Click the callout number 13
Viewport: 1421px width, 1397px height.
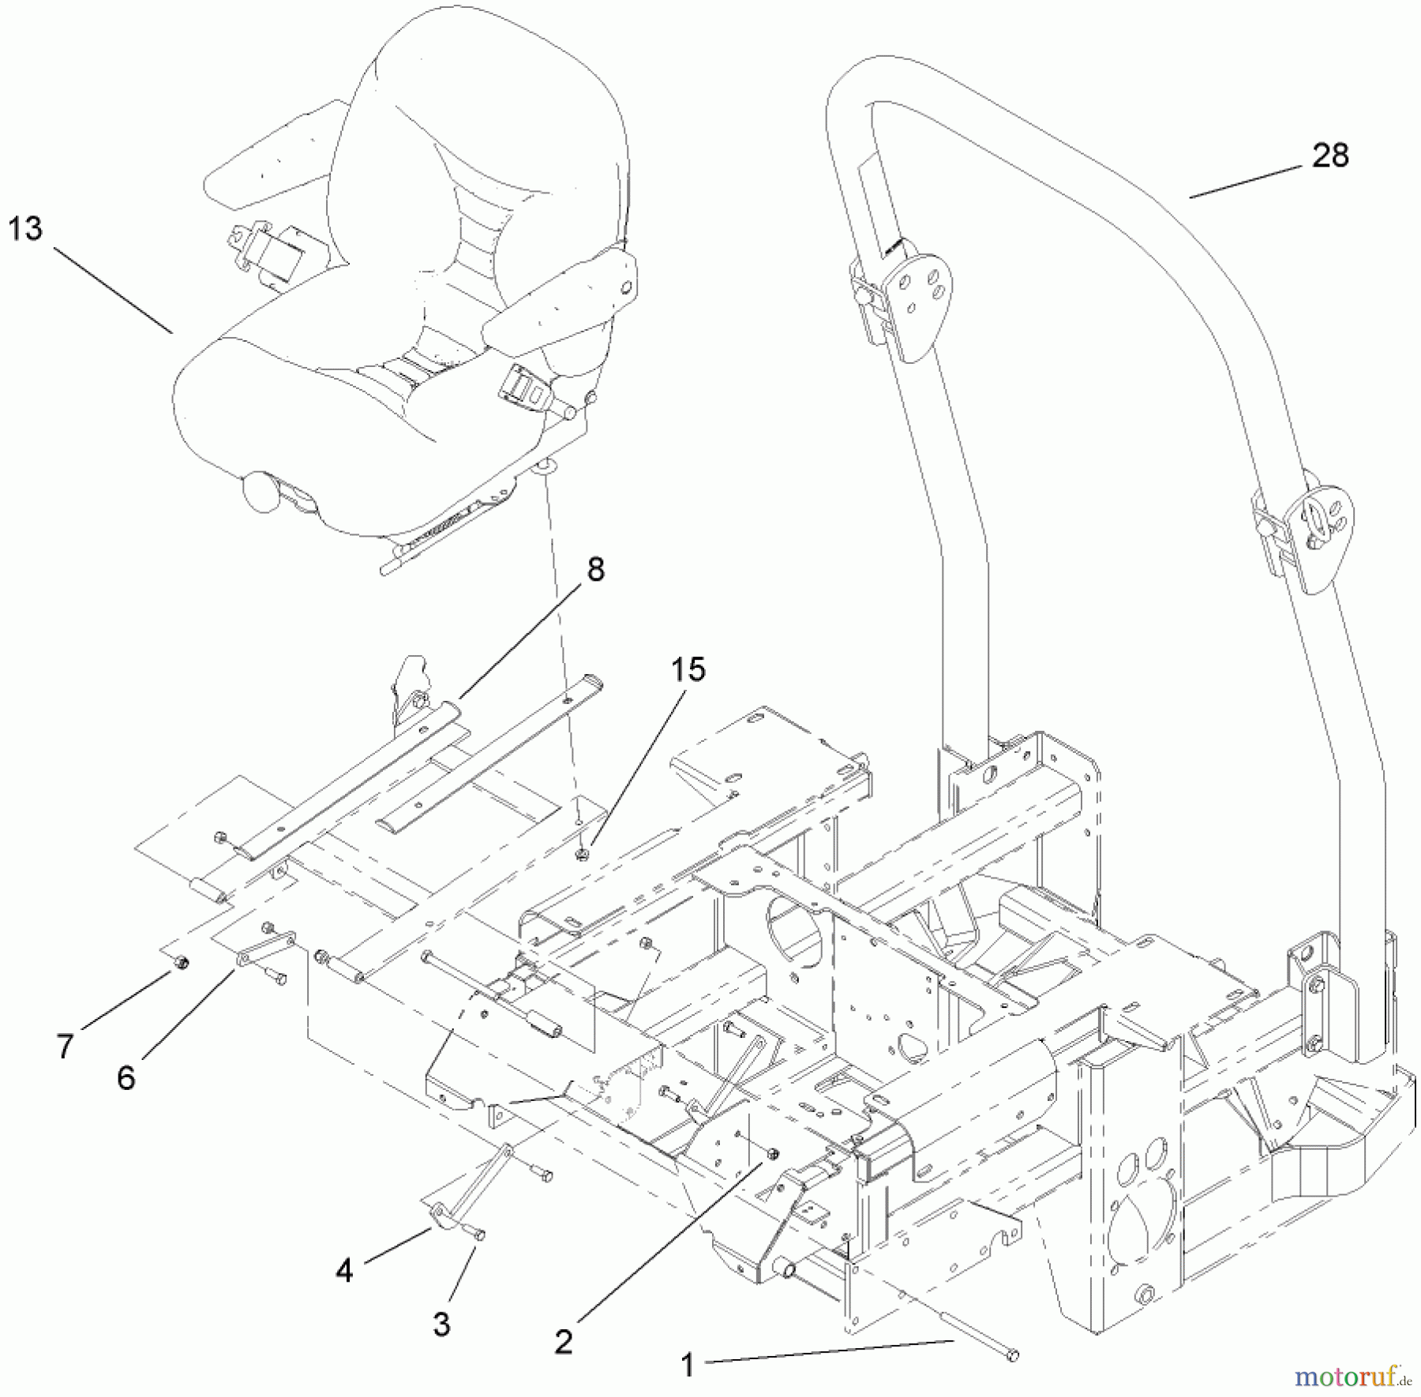click(x=25, y=229)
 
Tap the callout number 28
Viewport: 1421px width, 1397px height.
click(x=1330, y=155)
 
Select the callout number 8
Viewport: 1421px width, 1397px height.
click(x=595, y=568)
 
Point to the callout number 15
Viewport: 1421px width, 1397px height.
click(x=688, y=669)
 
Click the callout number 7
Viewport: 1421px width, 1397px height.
click(x=65, y=1047)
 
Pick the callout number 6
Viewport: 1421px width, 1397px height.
click(x=126, y=1078)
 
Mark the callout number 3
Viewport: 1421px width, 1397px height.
click(x=441, y=1324)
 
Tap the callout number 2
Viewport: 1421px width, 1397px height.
click(x=562, y=1342)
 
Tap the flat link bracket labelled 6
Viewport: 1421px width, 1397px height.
click(x=265, y=946)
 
